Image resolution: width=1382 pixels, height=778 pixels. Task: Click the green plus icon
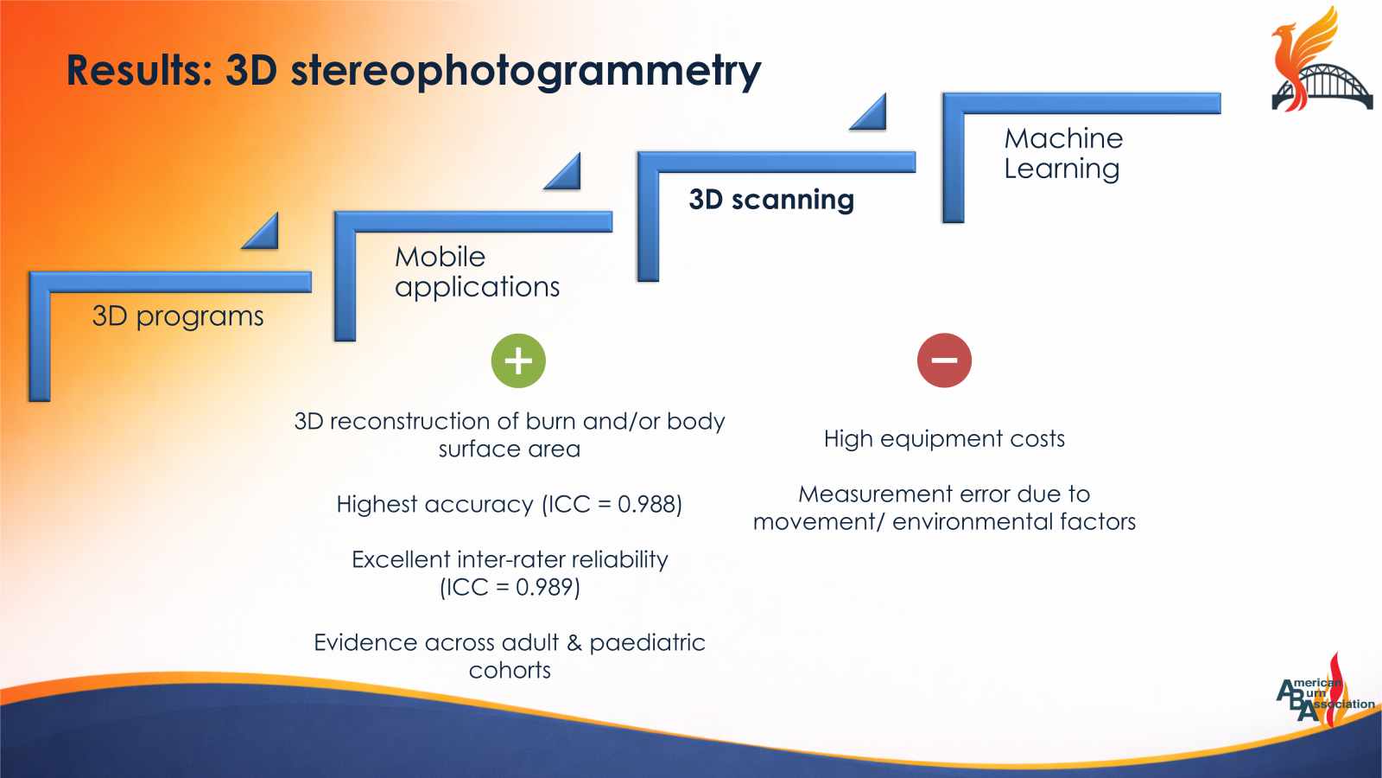(x=518, y=360)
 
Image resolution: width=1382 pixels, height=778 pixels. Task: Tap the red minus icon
(x=944, y=360)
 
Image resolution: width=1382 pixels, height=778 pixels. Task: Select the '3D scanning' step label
(x=771, y=200)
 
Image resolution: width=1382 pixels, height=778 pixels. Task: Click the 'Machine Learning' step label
(x=1063, y=153)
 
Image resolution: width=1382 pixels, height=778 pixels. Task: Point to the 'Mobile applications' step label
(x=477, y=271)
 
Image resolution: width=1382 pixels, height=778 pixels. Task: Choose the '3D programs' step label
(x=178, y=316)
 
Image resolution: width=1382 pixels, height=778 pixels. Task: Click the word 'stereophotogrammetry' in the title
(x=525, y=71)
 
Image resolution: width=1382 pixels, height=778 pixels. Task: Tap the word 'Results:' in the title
(x=139, y=71)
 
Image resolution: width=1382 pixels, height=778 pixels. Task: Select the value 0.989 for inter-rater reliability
(x=545, y=587)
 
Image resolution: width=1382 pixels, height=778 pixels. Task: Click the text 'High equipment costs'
(x=944, y=439)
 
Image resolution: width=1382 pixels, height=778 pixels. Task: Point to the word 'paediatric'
(x=647, y=642)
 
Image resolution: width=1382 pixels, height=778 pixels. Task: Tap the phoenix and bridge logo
(x=1320, y=61)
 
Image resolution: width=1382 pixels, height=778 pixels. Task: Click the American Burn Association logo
(x=1323, y=692)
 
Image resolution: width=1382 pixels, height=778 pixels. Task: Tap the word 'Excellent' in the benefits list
(x=401, y=559)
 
